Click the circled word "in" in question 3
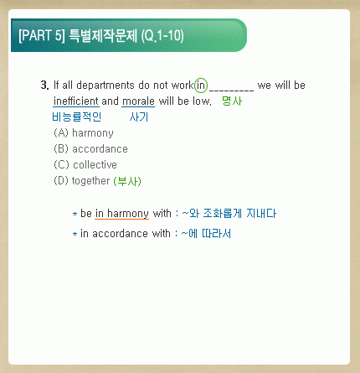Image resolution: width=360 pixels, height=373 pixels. (x=201, y=85)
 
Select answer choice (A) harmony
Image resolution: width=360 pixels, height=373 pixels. (x=84, y=133)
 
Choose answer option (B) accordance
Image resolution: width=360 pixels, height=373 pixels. (x=90, y=149)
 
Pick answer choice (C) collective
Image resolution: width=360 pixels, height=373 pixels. (x=85, y=165)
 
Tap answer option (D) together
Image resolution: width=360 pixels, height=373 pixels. (x=81, y=181)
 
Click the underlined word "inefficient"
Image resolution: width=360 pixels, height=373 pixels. (x=76, y=101)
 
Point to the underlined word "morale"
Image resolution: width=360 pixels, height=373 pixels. (x=138, y=101)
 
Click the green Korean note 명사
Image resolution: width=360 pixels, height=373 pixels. (x=232, y=101)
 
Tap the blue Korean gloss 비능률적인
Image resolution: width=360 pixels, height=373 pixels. (x=76, y=117)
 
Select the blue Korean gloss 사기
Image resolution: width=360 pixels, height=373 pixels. (x=139, y=117)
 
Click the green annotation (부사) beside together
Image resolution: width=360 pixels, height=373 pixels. (x=127, y=181)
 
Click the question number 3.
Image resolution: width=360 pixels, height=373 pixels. (x=44, y=85)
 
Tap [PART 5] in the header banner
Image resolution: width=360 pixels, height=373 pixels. (x=42, y=35)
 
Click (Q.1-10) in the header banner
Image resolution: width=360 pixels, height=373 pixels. (x=162, y=35)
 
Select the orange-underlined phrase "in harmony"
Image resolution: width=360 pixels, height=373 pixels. (x=121, y=214)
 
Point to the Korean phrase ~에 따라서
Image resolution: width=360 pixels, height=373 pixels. (x=206, y=233)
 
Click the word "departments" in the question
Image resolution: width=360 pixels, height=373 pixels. (x=105, y=85)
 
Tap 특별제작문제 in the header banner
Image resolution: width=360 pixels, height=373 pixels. (x=103, y=35)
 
